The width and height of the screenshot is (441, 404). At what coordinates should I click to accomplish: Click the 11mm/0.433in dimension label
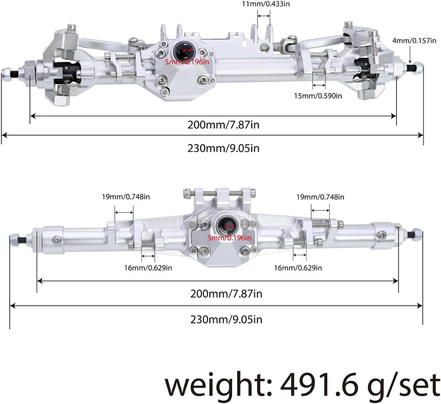point(266,4)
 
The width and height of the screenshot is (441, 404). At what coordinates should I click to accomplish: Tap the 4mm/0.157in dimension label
point(414,41)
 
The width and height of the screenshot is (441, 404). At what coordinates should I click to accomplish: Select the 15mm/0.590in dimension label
point(318,96)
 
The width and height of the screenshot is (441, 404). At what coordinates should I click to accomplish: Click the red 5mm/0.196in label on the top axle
point(187,62)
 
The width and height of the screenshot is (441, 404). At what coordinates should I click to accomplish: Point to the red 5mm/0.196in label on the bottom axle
point(229,238)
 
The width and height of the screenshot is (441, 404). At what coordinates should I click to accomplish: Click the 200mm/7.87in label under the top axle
point(223,125)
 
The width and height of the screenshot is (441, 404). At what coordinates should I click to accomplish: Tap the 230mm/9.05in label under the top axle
point(223,148)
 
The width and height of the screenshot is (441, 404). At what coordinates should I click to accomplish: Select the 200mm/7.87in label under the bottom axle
point(226,293)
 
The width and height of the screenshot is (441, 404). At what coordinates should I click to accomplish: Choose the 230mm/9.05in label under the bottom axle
point(226,319)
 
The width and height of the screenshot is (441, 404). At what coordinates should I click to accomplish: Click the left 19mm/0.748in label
point(126,197)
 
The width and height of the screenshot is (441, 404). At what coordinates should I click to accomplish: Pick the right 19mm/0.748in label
point(320,197)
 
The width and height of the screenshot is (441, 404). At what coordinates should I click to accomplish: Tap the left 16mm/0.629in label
point(148,268)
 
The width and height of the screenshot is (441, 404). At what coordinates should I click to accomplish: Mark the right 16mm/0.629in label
point(298,268)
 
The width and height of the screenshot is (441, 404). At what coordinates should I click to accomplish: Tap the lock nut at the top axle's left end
point(6,74)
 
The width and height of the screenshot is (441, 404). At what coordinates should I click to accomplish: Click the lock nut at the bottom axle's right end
point(417,234)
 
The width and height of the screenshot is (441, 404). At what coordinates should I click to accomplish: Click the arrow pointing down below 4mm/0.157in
point(410,56)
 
